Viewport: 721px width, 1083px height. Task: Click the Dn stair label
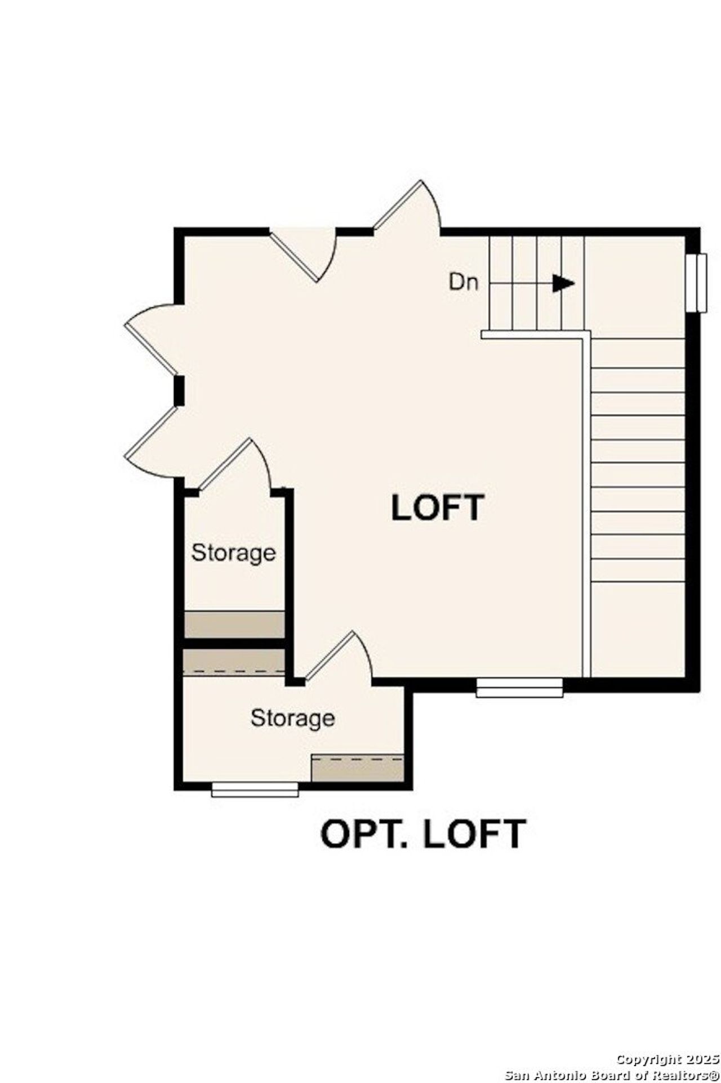tap(464, 282)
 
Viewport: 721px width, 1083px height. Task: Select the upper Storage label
tap(233, 552)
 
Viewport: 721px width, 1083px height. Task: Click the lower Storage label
tap(292, 718)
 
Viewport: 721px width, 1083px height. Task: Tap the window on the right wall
tap(700, 282)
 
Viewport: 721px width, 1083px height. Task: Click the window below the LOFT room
tap(519, 687)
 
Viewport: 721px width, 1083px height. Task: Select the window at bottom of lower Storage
tap(255, 789)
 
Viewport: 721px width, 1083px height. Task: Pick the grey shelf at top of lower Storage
tap(234, 661)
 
